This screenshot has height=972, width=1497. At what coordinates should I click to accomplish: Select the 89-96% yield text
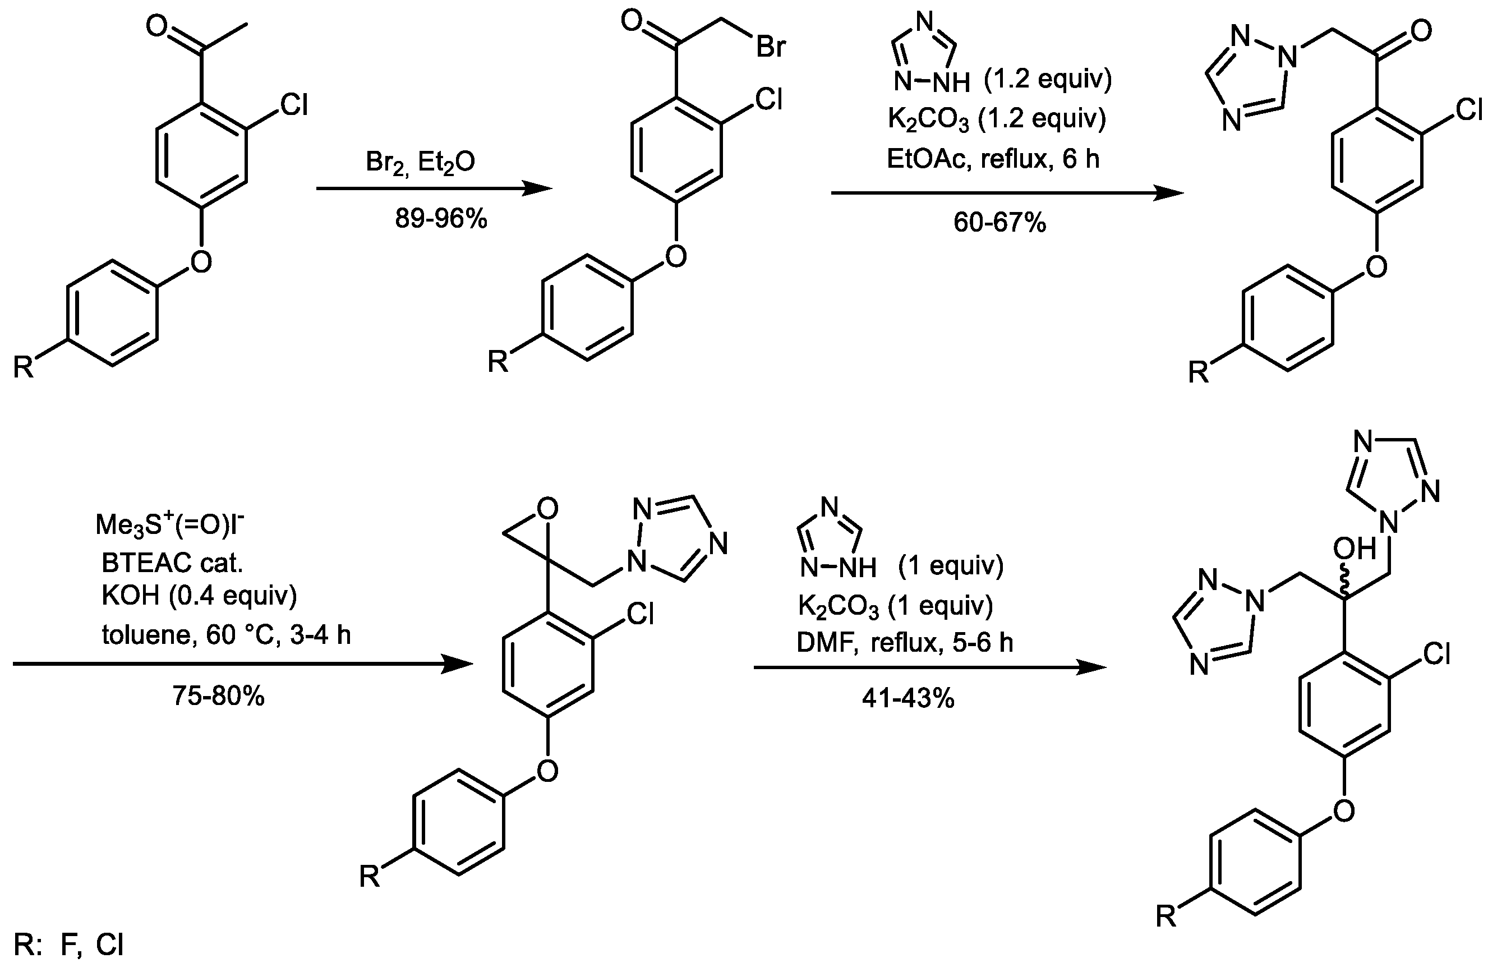point(441,218)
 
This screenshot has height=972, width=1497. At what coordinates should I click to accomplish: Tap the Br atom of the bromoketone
point(771,47)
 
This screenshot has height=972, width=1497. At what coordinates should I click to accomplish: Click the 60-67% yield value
point(999,222)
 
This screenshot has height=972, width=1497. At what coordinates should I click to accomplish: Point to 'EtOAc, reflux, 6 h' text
point(993,159)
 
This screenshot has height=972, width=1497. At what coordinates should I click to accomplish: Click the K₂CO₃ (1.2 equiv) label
point(996,119)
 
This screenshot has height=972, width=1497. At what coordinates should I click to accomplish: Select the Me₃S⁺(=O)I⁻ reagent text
point(170,524)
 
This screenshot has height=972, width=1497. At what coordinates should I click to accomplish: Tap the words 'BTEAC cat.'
point(172,563)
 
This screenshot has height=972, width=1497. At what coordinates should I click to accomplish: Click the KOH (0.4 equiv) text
point(199,595)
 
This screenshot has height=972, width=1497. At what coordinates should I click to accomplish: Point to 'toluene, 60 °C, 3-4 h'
point(227,635)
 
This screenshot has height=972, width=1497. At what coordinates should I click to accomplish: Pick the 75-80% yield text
point(218,696)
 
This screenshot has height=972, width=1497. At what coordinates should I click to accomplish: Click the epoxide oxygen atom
point(548,509)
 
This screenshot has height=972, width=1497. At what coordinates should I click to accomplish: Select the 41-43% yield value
point(908,698)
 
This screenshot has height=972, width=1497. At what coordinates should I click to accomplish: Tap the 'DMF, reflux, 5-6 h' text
point(905,642)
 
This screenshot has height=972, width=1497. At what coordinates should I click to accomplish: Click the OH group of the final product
point(1354,549)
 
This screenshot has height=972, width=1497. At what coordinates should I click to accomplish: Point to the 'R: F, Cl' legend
point(69,945)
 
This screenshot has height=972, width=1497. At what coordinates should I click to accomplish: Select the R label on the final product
point(1166,917)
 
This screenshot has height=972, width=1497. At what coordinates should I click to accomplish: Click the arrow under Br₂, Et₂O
point(434,188)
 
